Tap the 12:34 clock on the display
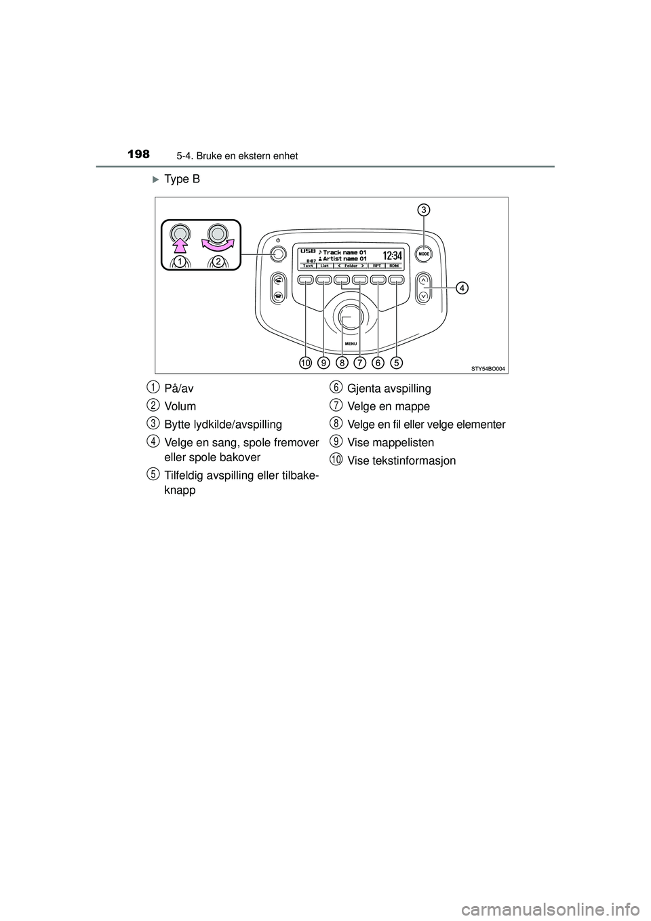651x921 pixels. point(392,256)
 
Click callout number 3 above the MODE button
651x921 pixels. point(422,210)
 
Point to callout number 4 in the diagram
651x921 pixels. point(461,288)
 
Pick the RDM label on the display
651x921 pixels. point(394,266)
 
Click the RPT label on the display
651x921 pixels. point(377,266)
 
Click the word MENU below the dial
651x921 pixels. point(351,344)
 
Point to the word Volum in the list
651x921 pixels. point(180,406)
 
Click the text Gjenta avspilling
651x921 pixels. point(389,389)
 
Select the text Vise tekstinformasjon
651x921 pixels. point(401,460)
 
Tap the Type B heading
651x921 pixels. point(181,180)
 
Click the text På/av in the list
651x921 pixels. point(179,389)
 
